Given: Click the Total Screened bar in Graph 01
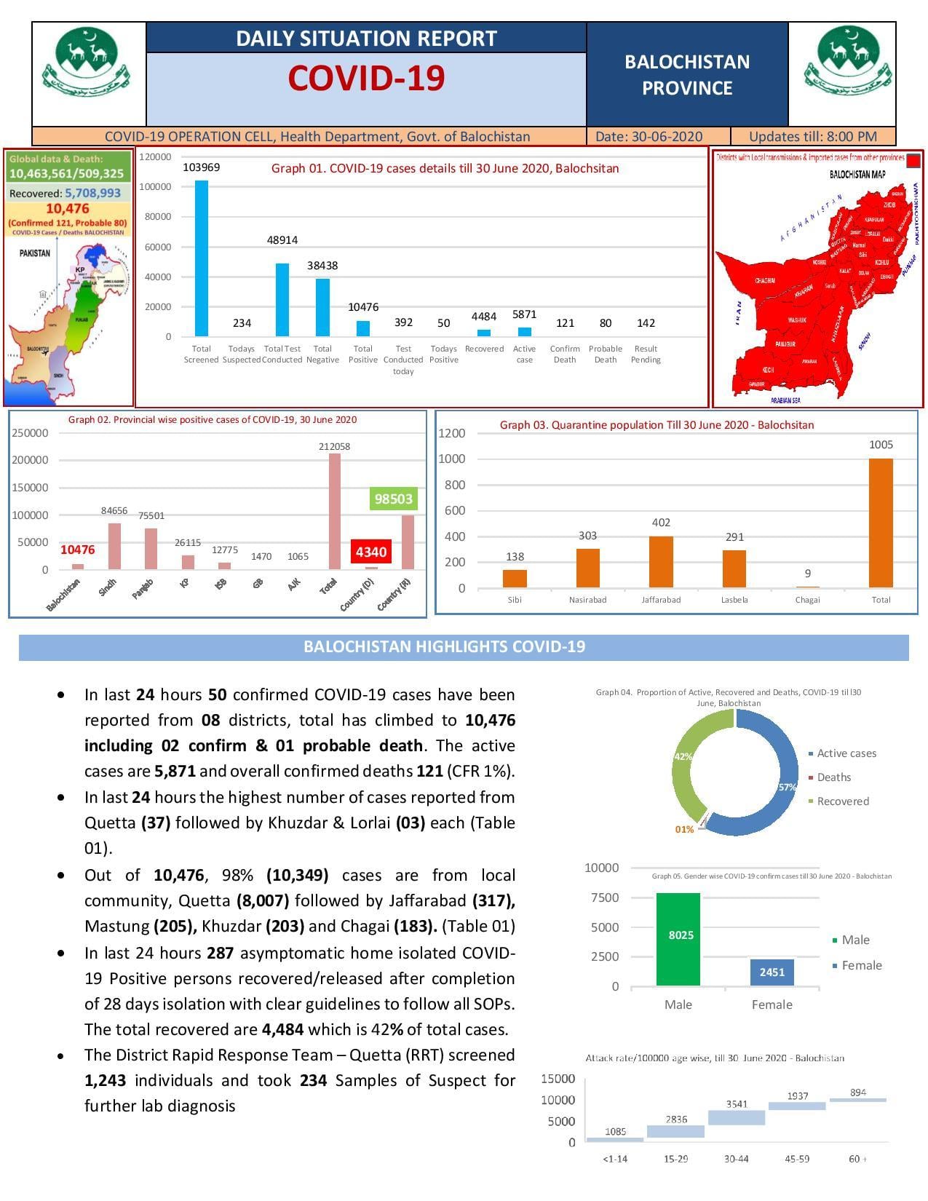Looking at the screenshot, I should (x=201, y=258).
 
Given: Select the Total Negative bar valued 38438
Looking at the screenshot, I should (x=322, y=307).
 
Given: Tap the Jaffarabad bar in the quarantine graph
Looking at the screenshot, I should (x=661, y=562).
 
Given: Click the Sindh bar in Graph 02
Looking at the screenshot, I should (x=114, y=546).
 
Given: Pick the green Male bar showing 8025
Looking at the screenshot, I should (x=678, y=939).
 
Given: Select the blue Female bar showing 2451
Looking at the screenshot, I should (x=772, y=972).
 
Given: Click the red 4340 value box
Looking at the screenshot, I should (x=370, y=551).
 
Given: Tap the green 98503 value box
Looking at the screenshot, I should (x=393, y=499).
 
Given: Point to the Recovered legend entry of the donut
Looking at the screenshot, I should (x=842, y=801).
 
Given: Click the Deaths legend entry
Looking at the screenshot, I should (x=833, y=777).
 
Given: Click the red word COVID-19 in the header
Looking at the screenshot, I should (x=366, y=79).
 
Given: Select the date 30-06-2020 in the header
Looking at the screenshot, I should (x=667, y=137).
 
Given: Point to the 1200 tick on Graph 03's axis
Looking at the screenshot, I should (x=451, y=433).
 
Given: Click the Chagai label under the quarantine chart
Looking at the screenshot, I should (x=807, y=600).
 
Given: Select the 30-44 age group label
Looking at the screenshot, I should (x=736, y=1159).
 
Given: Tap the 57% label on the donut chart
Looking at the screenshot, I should (x=787, y=787).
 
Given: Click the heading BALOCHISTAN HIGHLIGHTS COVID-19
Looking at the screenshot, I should (x=444, y=647).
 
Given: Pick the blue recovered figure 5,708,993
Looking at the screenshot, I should (x=92, y=194).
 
